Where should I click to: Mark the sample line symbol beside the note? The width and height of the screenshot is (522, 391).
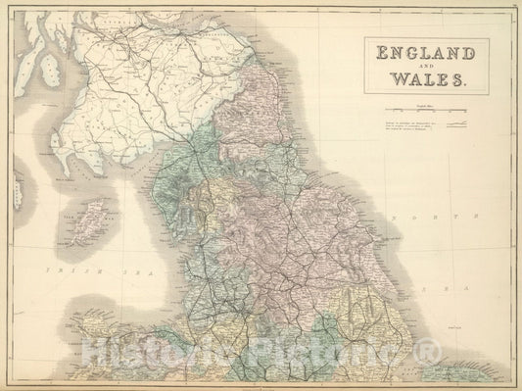(x=456, y=126)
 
